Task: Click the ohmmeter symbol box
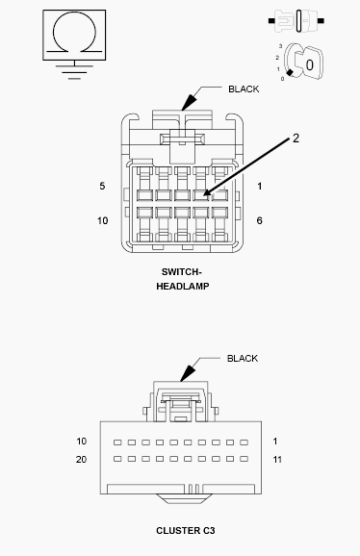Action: tap(74, 35)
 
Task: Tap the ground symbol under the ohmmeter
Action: tap(74, 71)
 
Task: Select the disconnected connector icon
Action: tap(296, 21)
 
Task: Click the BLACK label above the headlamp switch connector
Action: tap(244, 89)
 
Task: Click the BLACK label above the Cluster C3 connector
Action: tap(243, 359)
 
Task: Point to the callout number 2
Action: tap(296, 139)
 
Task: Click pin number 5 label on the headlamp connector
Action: tap(102, 186)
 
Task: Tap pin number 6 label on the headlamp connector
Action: tap(259, 220)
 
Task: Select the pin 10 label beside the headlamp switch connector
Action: tap(102, 220)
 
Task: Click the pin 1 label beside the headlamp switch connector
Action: tap(260, 186)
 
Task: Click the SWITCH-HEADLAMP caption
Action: tap(182, 279)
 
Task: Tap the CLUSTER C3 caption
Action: tap(186, 530)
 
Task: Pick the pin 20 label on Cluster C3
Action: tap(81, 459)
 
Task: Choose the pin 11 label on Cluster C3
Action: tap(277, 460)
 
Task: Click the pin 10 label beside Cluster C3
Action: tap(82, 442)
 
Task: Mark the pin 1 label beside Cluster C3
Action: tap(275, 442)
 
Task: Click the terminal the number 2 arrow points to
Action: tap(200, 195)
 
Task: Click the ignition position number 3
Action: tap(280, 46)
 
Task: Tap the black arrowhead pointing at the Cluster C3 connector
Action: tap(188, 374)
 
